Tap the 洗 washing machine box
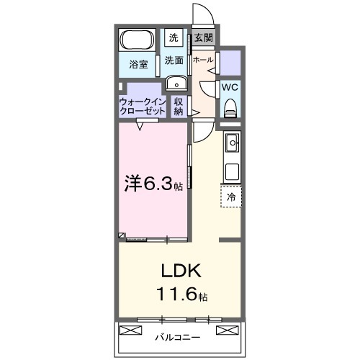point(173,37)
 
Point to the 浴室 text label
point(138,65)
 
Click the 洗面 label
point(173,60)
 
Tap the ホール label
point(202,60)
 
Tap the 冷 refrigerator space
point(231,196)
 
